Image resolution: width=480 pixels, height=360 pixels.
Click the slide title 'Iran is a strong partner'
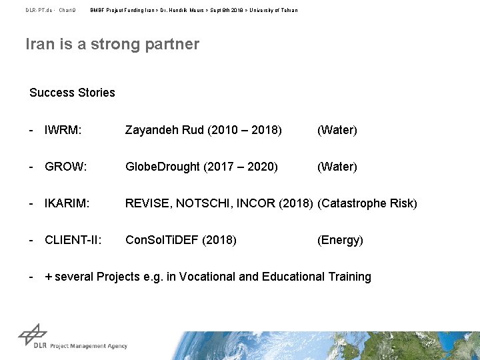pyautogui.click(x=112, y=45)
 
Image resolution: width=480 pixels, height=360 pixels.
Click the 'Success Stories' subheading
pyautogui.click(x=72, y=93)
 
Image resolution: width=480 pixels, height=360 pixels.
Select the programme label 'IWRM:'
pyautogui.click(x=63, y=130)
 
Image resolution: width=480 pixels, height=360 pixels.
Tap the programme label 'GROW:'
pyautogui.click(x=65, y=167)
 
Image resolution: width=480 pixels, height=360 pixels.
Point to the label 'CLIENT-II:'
pyautogui.click(x=73, y=240)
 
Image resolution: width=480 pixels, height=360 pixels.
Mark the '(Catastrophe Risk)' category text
pyautogui.click(x=367, y=203)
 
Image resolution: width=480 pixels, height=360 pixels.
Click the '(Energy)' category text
pyautogui.click(x=340, y=240)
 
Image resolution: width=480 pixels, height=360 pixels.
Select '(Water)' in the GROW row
pyautogui.click(x=337, y=167)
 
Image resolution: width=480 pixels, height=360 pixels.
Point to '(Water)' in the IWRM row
pyautogui.click(x=337, y=130)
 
